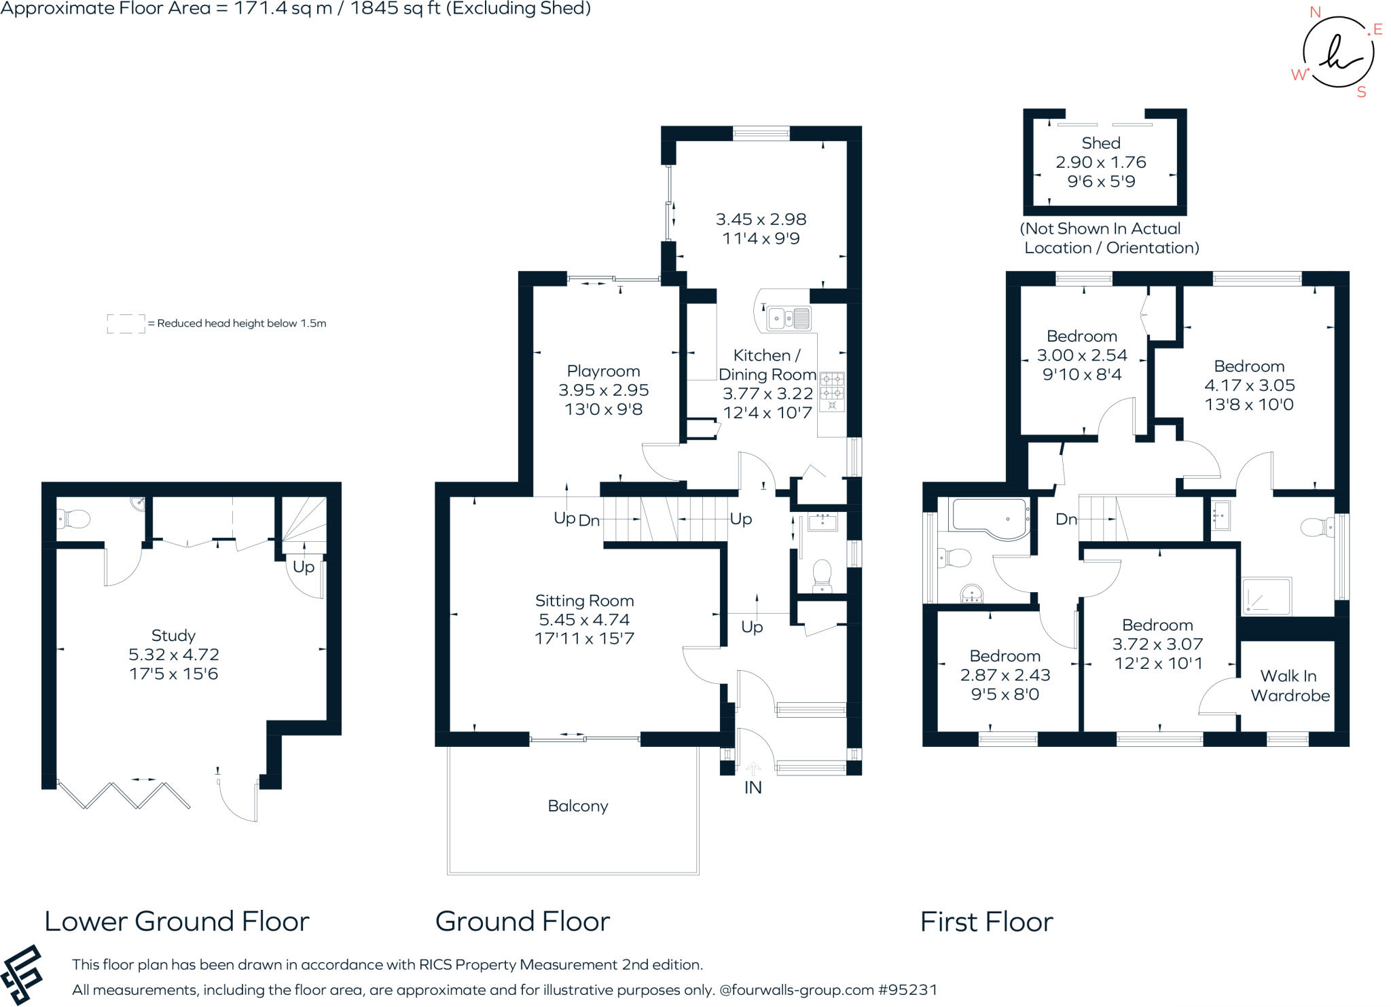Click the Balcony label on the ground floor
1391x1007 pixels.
[578, 806]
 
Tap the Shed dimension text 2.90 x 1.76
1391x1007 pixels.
[1101, 162]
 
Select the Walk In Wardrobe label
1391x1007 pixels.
[1290, 686]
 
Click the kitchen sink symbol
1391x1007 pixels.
[789, 318]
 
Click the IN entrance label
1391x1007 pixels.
[753, 788]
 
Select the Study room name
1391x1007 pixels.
[173, 636]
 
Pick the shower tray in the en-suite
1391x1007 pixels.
[1266, 596]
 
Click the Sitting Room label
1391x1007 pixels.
[584, 601]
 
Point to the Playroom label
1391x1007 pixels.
[603, 371]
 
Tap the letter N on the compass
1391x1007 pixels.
[1315, 12]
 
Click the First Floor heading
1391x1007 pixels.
[986, 921]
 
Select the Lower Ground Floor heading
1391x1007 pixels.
[177, 921]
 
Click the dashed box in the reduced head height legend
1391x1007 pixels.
[126, 324]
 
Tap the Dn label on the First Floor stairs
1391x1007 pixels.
[1066, 519]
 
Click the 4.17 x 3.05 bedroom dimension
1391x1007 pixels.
[1249, 386]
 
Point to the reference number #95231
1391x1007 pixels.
[907, 990]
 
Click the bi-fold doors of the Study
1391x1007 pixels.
[124, 794]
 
